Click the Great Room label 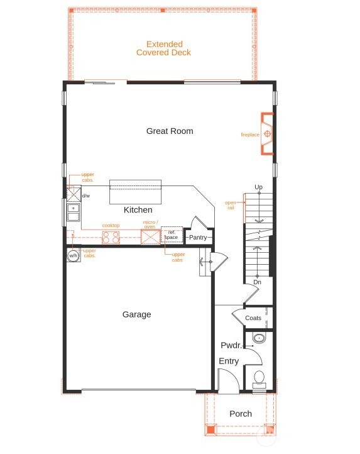coord(170,131)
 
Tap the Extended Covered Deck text coord(164,48)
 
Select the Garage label coord(136,314)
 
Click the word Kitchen coord(138,210)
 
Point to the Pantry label coord(198,238)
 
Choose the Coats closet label coord(253,318)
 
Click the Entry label coord(229,361)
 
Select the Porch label coord(241,414)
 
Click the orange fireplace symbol coord(267,133)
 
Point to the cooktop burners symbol coord(111,237)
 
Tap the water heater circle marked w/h coord(73,255)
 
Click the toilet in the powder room coord(259,379)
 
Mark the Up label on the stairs coord(258,187)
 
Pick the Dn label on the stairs coord(258,283)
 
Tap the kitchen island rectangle coord(136,192)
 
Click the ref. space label coord(172,235)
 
